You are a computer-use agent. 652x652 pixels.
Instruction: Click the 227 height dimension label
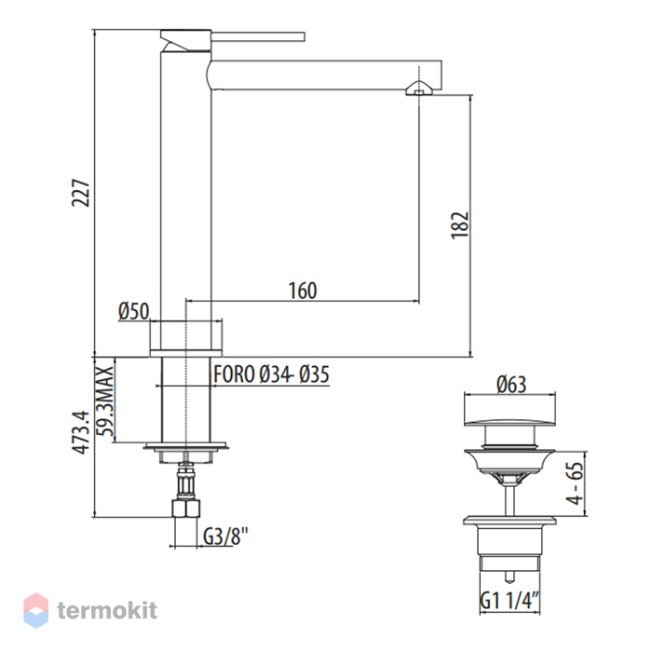click(x=80, y=193)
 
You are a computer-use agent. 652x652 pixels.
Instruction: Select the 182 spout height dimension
click(x=460, y=225)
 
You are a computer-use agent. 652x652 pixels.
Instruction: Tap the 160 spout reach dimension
click(x=303, y=291)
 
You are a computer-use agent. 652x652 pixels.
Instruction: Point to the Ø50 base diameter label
click(x=133, y=311)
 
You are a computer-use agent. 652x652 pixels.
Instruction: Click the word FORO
click(x=234, y=374)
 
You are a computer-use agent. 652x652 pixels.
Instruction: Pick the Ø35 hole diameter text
click(x=315, y=374)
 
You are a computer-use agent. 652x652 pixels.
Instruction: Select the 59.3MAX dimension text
click(x=104, y=401)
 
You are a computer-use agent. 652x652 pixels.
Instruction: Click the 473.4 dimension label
click(x=81, y=431)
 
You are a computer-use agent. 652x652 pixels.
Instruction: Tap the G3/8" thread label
click(x=225, y=536)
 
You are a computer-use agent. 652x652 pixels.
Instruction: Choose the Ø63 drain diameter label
click(x=511, y=384)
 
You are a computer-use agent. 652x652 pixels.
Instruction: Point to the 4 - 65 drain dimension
click(x=575, y=483)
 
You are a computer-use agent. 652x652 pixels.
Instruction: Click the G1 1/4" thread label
click(x=509, y=600)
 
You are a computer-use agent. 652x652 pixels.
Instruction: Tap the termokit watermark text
click(x=107, y=610)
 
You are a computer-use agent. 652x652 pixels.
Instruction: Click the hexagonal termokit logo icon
click(x=35, y=610)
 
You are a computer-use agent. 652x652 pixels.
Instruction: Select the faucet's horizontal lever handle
click(x=258, y=36)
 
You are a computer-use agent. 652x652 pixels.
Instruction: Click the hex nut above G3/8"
click(x=186, y=509)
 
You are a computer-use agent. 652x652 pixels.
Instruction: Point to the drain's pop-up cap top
click(x=509, y=422)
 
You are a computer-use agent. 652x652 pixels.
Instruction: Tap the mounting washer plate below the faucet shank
click(x=186, y=446)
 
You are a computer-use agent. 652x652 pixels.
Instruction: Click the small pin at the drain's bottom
click(x=509, y=577)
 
